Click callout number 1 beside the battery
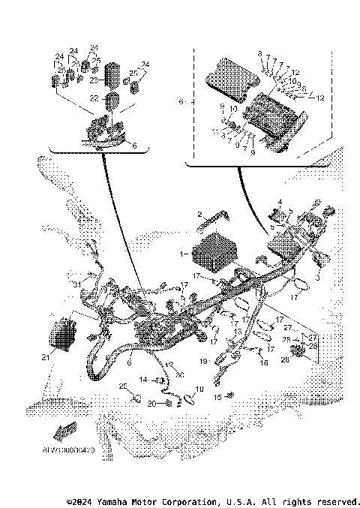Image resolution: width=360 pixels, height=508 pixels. [x=183, y=254]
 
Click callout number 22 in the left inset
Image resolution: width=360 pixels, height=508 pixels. [x=94, y=98]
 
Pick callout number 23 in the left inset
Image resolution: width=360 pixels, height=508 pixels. [x=94, y=79]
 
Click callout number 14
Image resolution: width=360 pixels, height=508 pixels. [x=142, y=380]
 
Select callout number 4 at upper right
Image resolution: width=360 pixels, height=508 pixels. [x=279, y=201]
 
